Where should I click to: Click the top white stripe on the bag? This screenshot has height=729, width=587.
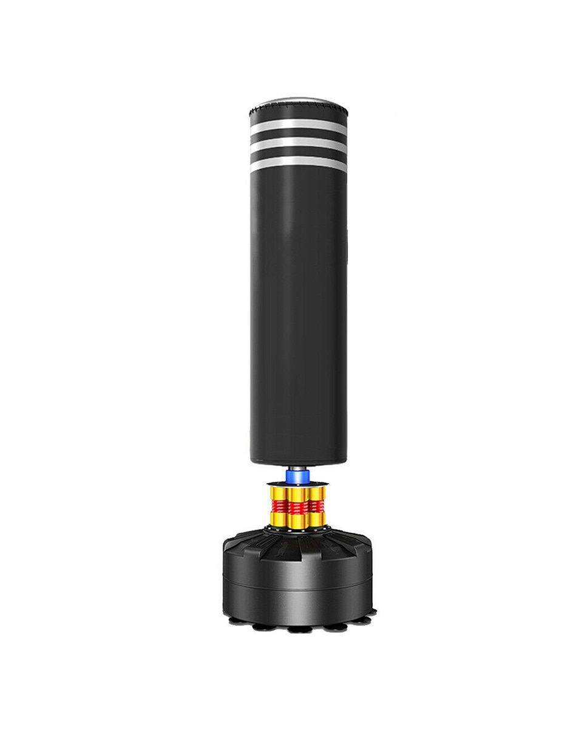(x=297, y=126)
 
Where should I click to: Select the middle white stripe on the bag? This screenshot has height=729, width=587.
(x=297, y=144)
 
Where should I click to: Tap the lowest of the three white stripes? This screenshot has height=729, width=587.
(x=297, y=162)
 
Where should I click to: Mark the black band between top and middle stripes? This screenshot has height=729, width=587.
(x=297, y=135)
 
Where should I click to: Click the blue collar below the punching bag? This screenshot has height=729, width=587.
(x=297, y=477)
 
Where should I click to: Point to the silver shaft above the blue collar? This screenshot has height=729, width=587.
(x=297, y=468)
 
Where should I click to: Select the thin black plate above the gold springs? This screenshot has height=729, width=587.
(x=297, y=484)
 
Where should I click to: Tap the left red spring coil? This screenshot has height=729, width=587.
(x=279, y=505)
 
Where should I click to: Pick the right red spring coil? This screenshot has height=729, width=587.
(x=317, y=505)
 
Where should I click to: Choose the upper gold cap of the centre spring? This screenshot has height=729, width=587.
(x=297, y=494)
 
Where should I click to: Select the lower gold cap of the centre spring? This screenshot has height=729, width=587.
(x=297, y=521)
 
